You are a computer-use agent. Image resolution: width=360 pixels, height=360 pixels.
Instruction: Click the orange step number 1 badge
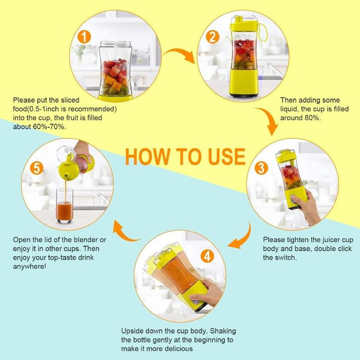pyautogui.click(x=84, y=37)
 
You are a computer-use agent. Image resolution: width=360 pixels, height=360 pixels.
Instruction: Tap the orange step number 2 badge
pyautogui.click(x=212, y=37)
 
